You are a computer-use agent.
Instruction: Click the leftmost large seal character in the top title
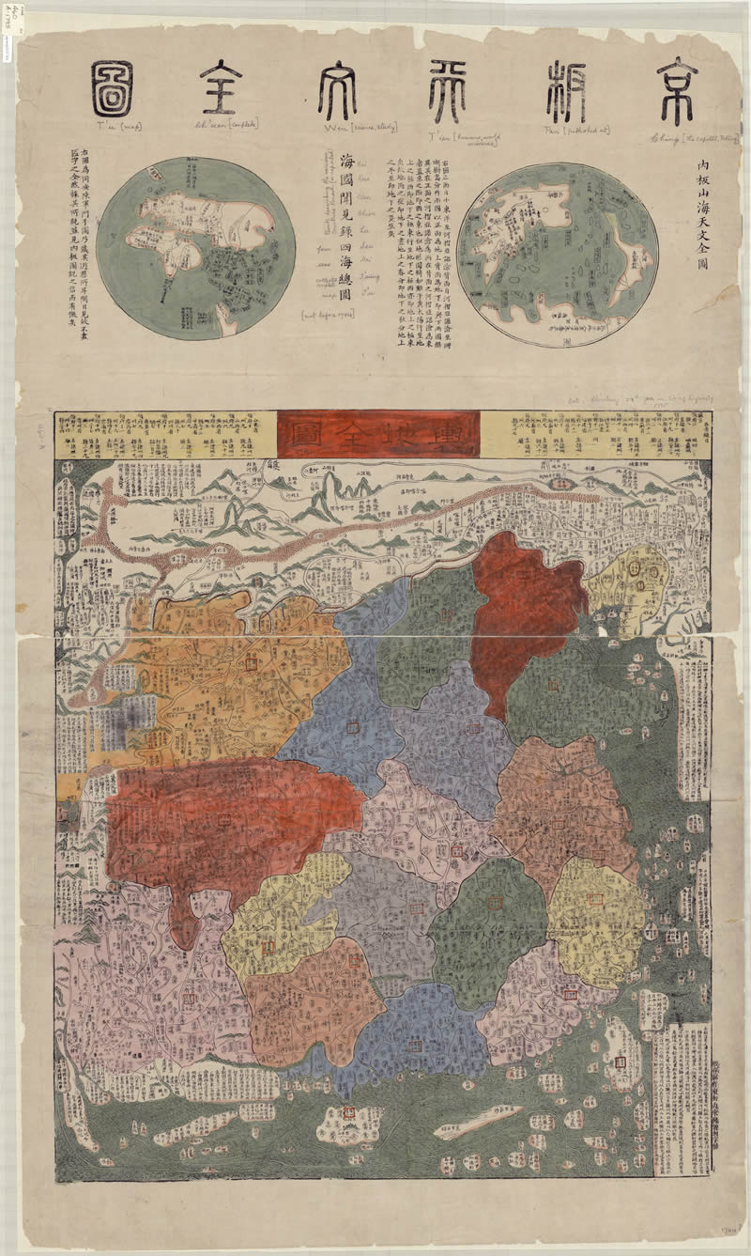pyautogui.click(x=112, y=89)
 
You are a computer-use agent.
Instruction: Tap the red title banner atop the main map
pyautogui.click(x=379, y=434)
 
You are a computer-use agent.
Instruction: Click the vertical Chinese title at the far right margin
pyautogui.click(x=703, y=215)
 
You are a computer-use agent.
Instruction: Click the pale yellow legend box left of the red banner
pyautogui.click(x=166, y=433)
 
